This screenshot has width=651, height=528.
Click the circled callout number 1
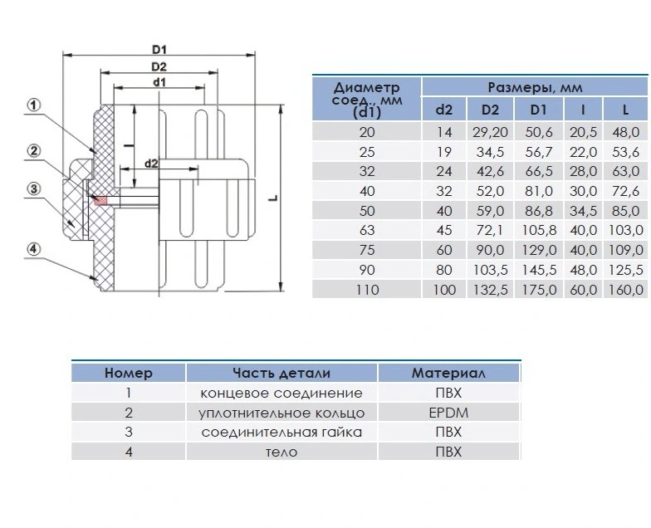pos(34,105)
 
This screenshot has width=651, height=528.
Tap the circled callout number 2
pos(34,150)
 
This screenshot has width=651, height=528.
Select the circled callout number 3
pos(34,189)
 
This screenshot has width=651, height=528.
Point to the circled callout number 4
pos(34,249)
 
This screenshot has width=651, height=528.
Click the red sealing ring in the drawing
pos(100,201)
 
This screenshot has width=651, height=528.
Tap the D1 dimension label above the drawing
pos(159,50)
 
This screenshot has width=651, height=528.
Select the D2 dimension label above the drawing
pos(159,66)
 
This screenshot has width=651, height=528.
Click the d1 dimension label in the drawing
pos(159,82)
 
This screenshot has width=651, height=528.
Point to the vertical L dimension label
pos(272,198)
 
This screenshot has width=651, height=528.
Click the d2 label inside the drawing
pos(151,164)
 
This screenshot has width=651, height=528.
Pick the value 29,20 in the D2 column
pos(490,132)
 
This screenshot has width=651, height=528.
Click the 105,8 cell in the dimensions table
pos(539,230)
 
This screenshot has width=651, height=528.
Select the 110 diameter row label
pos(367,289)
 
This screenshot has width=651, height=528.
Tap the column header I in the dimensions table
pos(583,110)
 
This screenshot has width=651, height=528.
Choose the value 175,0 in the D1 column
pos(539,289)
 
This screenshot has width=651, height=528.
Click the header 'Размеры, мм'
pos(535,88)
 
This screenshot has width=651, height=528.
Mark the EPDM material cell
pos(448,413)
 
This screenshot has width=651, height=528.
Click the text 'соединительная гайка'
pos(281,432)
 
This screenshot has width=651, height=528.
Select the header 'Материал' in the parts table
pos(448,373)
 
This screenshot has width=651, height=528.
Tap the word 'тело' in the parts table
pos(281,452)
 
